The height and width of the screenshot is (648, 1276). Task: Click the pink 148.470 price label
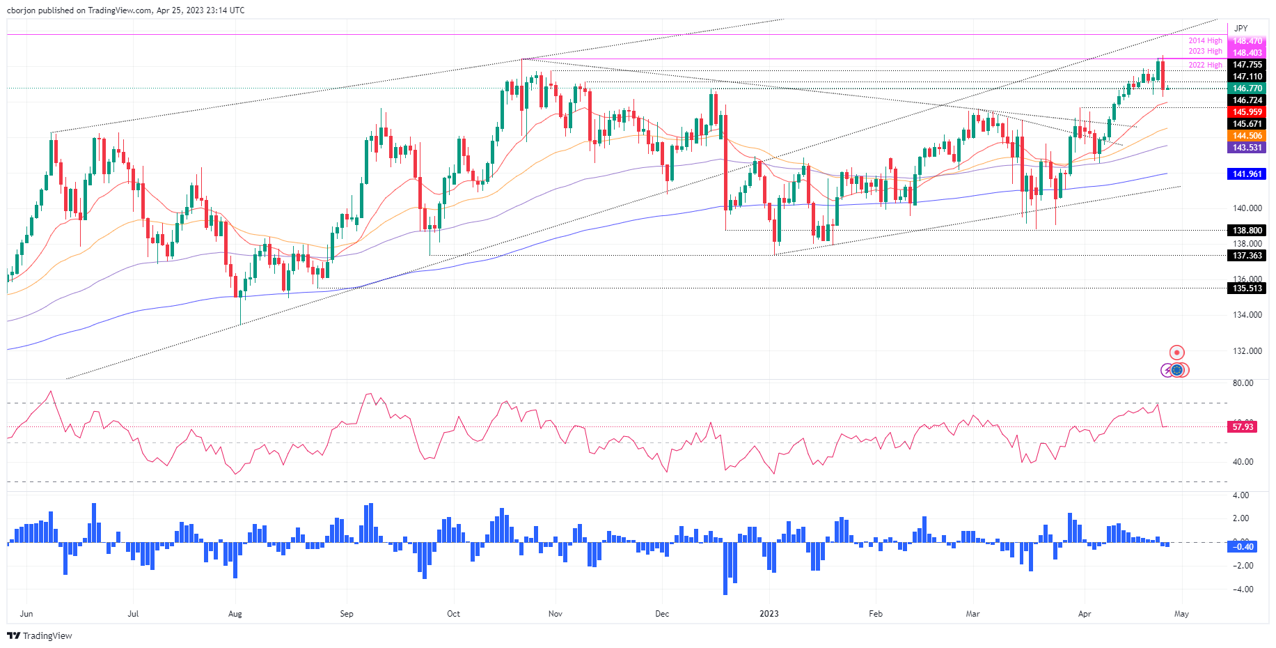(1247, 41)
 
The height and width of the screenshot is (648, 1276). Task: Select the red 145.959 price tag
(1247, 112)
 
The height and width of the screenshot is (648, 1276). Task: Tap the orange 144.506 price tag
(1247, 136)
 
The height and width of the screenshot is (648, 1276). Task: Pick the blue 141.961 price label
(1247, 174)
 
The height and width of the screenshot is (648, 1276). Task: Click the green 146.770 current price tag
(1247, 88)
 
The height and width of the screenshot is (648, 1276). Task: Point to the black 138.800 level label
(1247, 231)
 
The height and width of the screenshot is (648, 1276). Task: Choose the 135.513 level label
(1247, 288)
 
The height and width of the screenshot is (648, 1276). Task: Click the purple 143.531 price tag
(1247, 148)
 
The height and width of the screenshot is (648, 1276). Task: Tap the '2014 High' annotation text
(1205, 41)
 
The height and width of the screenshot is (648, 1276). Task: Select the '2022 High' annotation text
(1205, 65)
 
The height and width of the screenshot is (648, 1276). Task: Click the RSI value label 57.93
(1243, 427)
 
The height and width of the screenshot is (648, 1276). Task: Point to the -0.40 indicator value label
(1243, 547)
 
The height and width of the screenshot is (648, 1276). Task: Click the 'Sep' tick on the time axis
(346, 614)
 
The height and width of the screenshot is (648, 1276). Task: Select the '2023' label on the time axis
(769, 614)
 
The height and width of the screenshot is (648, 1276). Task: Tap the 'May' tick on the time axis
(1181, 614)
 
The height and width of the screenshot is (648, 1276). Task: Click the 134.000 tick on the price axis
(1247, 315)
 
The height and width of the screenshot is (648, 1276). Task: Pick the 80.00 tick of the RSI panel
(1243, 383)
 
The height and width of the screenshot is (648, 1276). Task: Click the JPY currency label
(1240, 29)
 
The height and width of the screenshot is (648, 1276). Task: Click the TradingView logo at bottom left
(40, 635)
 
